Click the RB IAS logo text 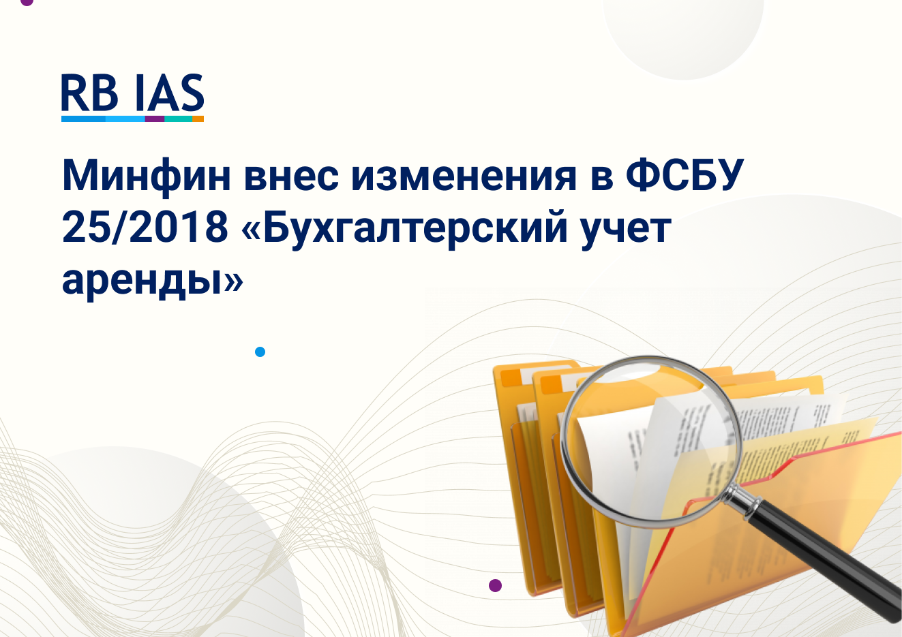132,92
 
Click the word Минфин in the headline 146,176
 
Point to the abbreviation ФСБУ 685,176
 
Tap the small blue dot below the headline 260,352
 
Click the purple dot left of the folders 495,585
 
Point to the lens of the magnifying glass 651,441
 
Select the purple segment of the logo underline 155,119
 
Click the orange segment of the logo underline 198,119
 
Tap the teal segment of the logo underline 179,119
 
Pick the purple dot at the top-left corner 27,2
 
